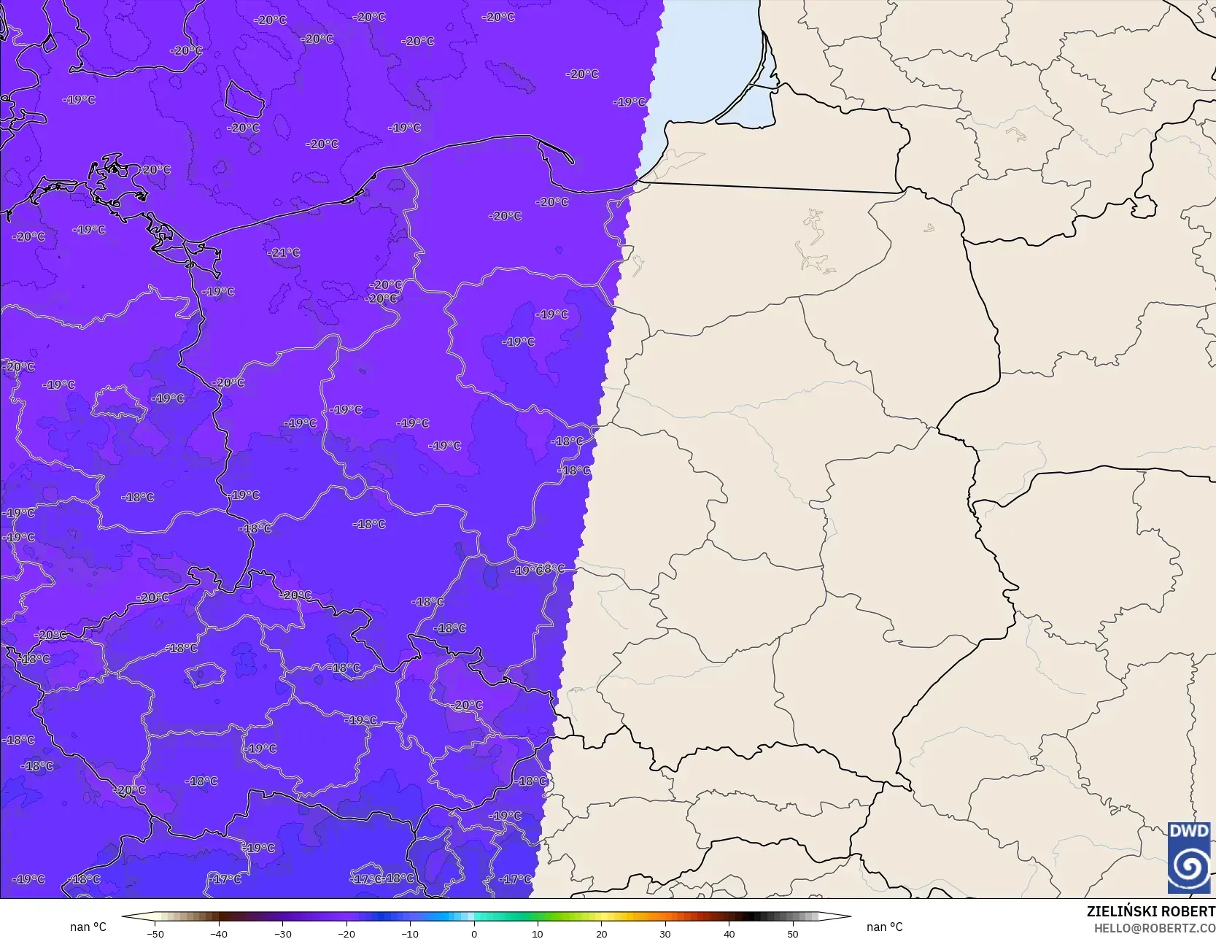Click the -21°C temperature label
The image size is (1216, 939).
(x=284, y=252)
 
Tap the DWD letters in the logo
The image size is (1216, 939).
(x=1189, y=832)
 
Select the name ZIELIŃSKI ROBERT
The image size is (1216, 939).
(x=1150, y=911)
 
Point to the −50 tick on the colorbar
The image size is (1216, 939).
(x=155, y=933)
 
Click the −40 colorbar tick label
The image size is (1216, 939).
(x=219, y=933)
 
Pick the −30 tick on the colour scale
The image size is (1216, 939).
(x=282, y=933)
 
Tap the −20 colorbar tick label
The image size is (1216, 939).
(x=346, y=933)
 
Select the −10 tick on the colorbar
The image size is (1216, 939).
(x=410, y=933)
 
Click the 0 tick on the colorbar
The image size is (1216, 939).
(x=473, y=933)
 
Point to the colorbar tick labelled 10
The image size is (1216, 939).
(x=538, y=933)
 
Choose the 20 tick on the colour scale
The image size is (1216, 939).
(x=601, y=933)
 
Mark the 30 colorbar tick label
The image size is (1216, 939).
(x=665, y=933)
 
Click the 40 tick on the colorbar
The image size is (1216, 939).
(x=729, y=933)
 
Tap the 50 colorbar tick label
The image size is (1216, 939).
(x=793, y=933)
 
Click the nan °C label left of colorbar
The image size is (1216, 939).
(x=88, y=927)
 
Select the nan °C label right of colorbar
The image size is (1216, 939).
(x=884, y=927)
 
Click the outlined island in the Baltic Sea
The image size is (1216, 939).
(x=244, y=99)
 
